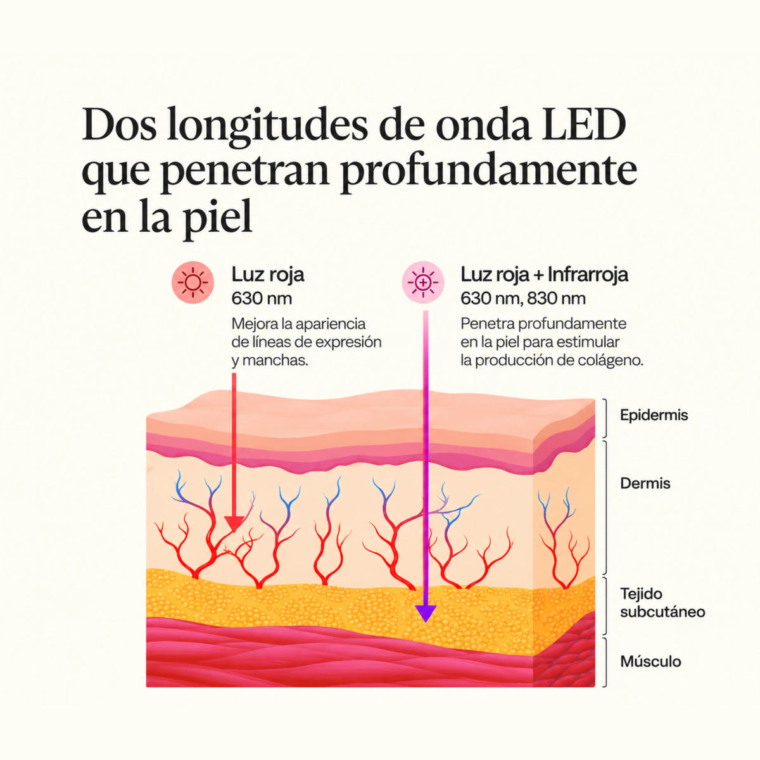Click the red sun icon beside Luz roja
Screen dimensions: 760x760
193,282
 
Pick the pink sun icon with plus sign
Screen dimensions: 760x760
423,282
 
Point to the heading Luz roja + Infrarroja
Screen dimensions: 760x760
544,274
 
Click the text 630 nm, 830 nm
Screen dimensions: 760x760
523,298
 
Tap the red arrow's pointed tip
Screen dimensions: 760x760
234,533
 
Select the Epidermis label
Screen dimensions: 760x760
654,415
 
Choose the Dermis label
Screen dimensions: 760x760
645,483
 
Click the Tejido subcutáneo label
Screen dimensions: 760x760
662,603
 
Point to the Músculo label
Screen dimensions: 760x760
651,661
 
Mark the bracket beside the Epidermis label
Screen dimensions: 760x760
605,418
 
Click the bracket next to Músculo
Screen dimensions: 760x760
605,662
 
